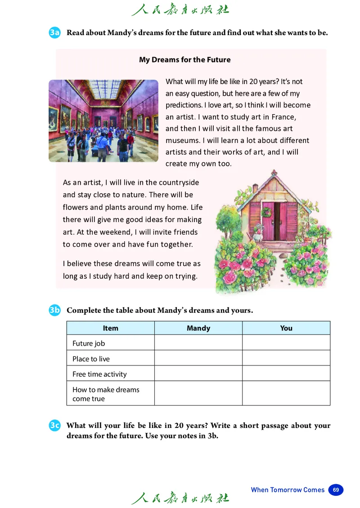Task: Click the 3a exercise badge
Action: (x=54, y=33)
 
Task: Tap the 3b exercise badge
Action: (x=54, y=310)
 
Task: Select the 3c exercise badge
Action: (x=54, y=425)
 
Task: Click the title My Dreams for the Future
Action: (x=184, y=60)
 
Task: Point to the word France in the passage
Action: (x=283, y=117)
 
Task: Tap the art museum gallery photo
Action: (x=103, y=120)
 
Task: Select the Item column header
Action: (x=110, y=328)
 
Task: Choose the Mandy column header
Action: (x=198, y=328)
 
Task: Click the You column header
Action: (x=286, y=328)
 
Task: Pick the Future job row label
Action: (x=89, y=343)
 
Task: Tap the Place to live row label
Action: (x=91, y=359)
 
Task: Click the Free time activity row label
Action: (x=99, y=374)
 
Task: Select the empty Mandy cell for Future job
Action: (x=198, y=343)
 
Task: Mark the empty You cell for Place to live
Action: (x=286, y=358)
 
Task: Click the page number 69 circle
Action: (x=336, y=490)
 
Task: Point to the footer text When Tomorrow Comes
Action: (x=288, y=490)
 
